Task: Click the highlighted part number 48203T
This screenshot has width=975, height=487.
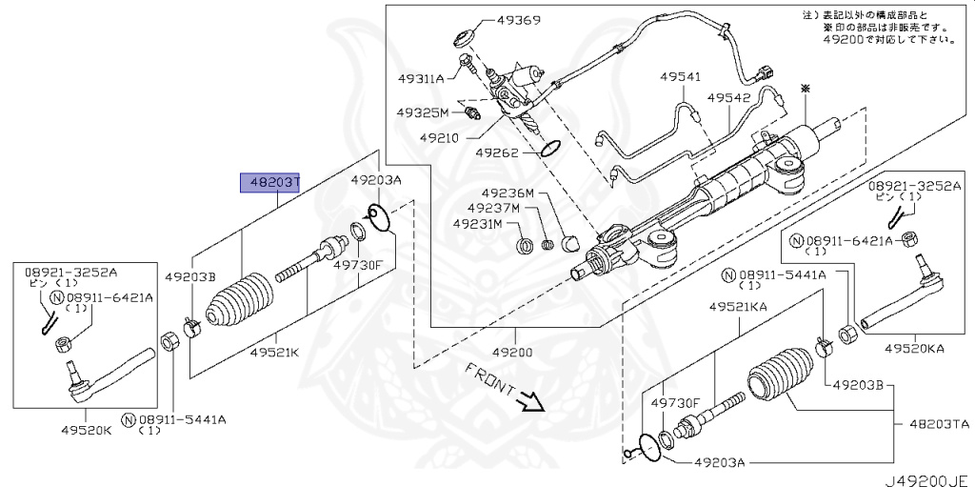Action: (x=269, y=182)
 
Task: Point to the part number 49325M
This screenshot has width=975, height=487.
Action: (x=423, y=112)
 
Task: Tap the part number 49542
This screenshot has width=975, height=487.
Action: (x=728, y=97)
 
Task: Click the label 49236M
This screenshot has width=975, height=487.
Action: (x=507, y=193)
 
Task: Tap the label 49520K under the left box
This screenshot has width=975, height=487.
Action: (x=89, y=430)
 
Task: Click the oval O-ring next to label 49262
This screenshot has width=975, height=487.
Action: (x=550, y=148)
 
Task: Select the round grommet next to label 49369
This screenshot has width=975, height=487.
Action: (x=465, y=38)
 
